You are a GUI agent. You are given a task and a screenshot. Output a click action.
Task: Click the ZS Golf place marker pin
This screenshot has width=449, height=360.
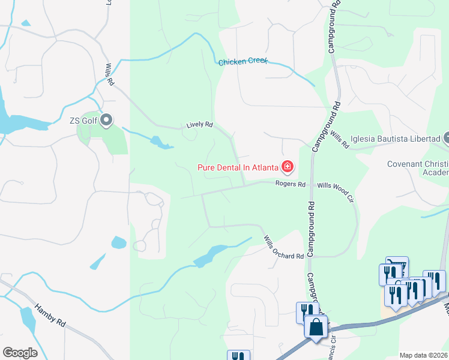point(107,121)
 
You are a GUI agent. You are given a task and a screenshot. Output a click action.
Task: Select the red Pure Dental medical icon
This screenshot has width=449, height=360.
point(288,166)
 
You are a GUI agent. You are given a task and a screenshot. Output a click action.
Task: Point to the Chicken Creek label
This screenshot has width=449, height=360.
point(243,62)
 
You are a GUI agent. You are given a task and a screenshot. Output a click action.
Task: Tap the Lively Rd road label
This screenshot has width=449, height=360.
point(200,125)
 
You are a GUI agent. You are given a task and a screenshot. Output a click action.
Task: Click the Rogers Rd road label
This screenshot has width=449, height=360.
point(291,184)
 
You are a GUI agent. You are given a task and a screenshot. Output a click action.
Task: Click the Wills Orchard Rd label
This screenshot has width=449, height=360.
point(283,248)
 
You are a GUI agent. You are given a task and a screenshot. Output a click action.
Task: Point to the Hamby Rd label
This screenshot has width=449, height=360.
point(49,313)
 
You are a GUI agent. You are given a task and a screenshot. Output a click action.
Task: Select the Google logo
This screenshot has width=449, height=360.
point(20,353)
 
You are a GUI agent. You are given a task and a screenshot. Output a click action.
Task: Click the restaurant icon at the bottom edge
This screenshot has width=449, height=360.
point(238,356)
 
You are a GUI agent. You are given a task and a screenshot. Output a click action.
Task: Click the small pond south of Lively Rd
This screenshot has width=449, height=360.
point(160,143)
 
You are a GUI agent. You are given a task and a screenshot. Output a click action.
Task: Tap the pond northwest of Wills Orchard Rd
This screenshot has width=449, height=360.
point(207,256)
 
